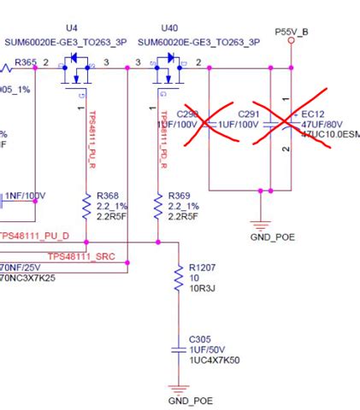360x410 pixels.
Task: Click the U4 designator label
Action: pyautogui.click(x=71, y=28)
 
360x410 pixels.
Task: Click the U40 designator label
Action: pyautogui.click(x=169, y=28)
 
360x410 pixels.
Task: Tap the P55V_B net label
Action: pyautogui.click(x=292, y=31)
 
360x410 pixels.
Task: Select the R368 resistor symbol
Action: pyautogui.click(x=86, y=206)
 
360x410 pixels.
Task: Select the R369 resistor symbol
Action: pyautogui.click(x=157, y=206)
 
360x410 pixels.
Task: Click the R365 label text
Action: pyautogui.click(x=27, y=62)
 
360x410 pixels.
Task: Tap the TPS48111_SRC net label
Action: pyautogui.click(x=82, y=256)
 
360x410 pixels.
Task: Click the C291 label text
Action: pyautogui.click(x=248, y=114)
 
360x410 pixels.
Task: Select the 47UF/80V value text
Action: pyautogui.click(x=322, y=124)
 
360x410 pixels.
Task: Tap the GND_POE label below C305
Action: pyautogui.click(x=190, y=400)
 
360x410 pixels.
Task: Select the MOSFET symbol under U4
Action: pyautogui.click(x=78, y=72)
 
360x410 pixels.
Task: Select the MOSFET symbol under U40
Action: pyautogui.click(x=168, y=72)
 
